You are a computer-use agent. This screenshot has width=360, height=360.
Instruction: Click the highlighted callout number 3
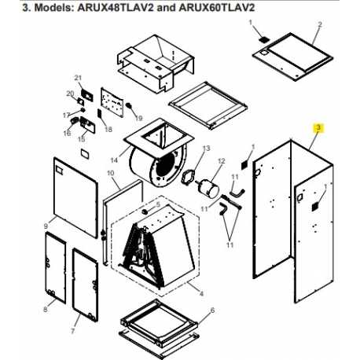(x=318, y=127)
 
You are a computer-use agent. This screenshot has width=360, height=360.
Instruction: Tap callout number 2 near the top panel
(x=320, y=24)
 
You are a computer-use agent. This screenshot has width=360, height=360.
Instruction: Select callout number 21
(x=78, y=78)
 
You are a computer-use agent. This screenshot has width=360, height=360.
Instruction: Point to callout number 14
(x=114, y=160)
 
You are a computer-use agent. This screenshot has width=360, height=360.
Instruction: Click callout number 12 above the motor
(x=222, y=160)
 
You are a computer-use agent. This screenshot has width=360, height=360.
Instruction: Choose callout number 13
(x=207, y=149)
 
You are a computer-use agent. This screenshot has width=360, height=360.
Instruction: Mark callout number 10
(x=111, y=173)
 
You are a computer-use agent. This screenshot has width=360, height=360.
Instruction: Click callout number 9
(x=46, y=226)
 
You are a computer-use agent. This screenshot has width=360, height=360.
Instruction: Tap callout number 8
(x=46, y=310)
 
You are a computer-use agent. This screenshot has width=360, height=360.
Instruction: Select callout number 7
(x=72, y=331)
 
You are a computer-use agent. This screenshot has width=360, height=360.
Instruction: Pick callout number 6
(x=212, y=310)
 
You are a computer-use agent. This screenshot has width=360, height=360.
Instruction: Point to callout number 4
(x=201, y=294)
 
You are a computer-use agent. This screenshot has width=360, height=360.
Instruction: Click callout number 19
(x=138, y=118)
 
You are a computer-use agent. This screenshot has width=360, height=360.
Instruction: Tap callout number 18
(x=108, y=129)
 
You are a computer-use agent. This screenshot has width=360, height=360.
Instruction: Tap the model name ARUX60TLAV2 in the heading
(x=217, y=8)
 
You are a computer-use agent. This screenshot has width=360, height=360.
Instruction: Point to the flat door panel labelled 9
(x=75, y=198)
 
